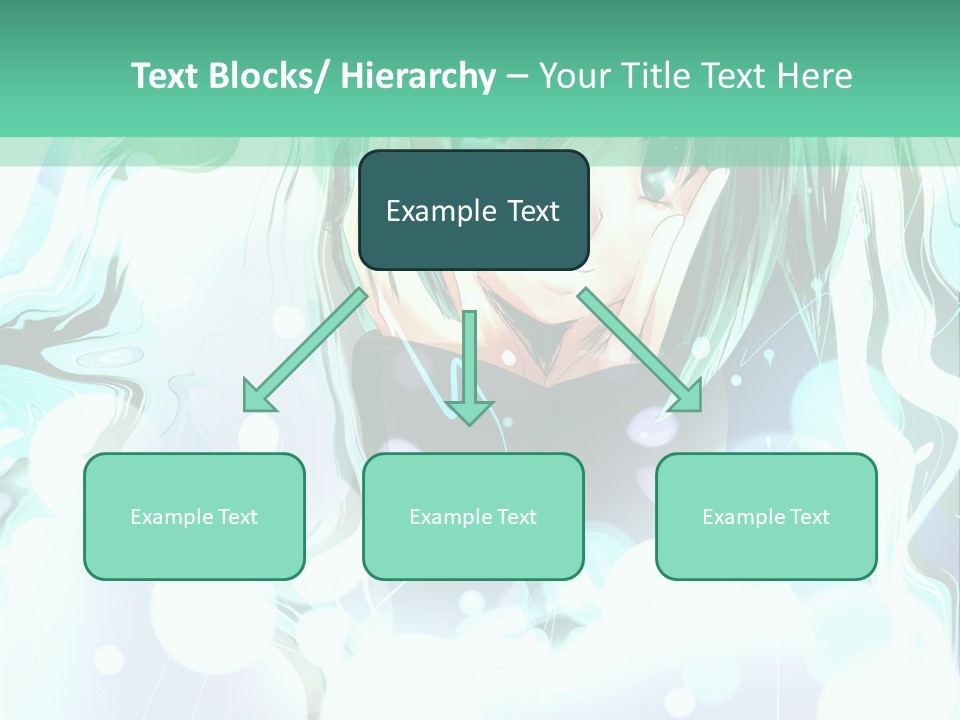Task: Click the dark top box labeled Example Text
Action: [473, 210]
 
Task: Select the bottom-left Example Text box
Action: [194, 516]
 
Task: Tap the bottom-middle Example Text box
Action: [473, 516]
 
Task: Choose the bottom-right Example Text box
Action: [766, 516]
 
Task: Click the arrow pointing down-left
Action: [305, 350]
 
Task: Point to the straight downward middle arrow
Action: [469, 365]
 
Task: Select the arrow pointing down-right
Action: [640, 350]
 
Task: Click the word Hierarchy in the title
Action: [418, 76]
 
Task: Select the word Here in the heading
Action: [813, 76]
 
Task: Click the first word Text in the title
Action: [164, 76]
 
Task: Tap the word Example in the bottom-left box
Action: [172, 517]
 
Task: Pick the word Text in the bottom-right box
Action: [808, 517]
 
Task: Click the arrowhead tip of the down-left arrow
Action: [246, 409]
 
